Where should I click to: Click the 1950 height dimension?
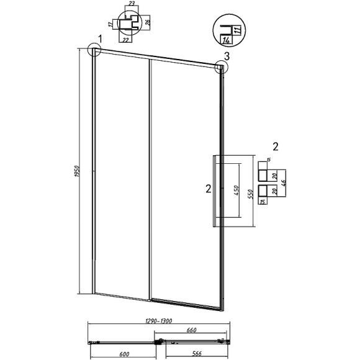tap(77, 171)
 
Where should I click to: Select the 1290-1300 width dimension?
tap(158, 321)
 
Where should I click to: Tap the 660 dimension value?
tap(191, 330)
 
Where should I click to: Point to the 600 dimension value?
tap(124, 354)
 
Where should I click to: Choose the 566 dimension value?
tap(197, 353)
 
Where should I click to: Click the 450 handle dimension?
tap(236, 191)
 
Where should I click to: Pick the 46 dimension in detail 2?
tap(283, 183)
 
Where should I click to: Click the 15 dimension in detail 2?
tap(263, 202)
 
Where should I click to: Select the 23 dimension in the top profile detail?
tap(132, 4)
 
